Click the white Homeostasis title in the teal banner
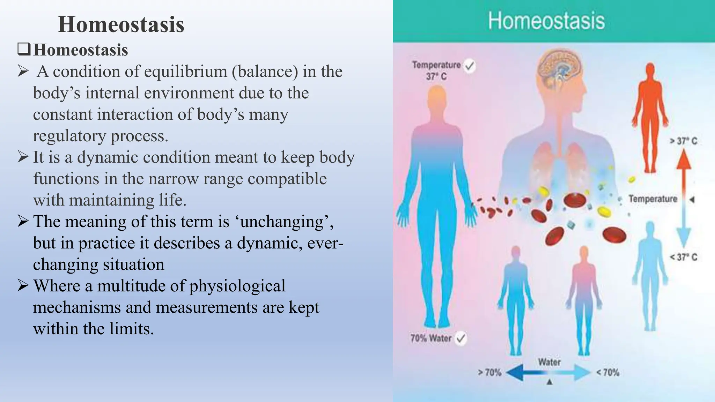pyautogui.click(x=546, y=21)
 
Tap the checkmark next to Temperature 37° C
pyautogui.click(x=470, y=66)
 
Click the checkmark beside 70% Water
pyautogui.click(x=461, y=338)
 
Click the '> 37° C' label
pyautogui.click(x=683, y=141)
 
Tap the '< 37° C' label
pyautogui.click(x=683, y=257)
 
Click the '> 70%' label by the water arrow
pyautogui.click(x=489, y=373)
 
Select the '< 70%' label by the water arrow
pyautogui.click(x=608, y=373)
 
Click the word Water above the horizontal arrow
pyautogui.click(x=549, y=362)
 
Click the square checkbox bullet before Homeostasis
pyautogui.click(x=24, y=49)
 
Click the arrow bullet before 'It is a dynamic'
pyautogui.click(x=23, y=157)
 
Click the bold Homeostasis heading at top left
pyautogui.click(x=121, y=24)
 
